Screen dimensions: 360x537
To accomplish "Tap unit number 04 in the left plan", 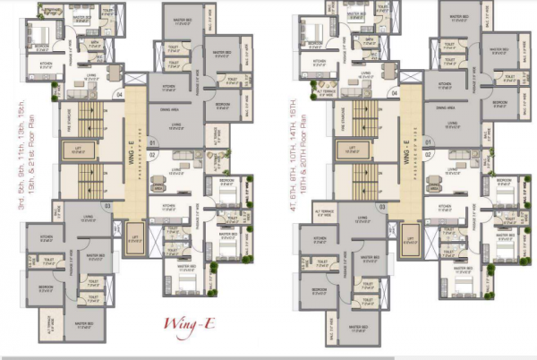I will tap(118, 94).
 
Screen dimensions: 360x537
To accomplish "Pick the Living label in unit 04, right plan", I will tap(365, 76).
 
